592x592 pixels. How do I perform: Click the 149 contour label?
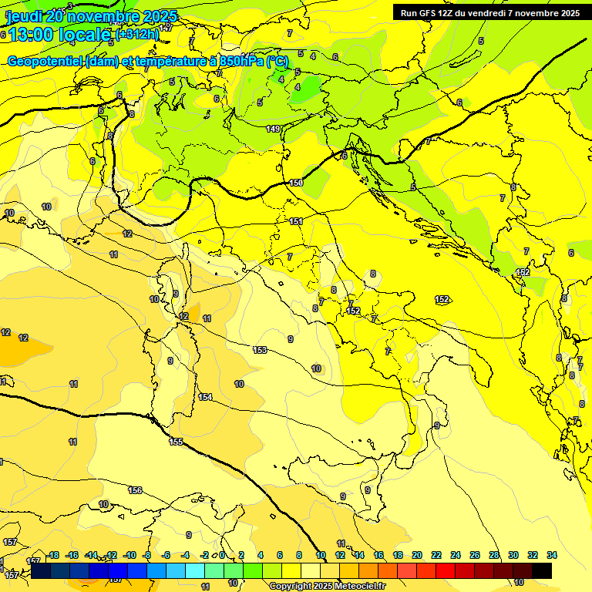coord(273,129)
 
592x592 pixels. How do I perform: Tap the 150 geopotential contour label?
coord(297,183)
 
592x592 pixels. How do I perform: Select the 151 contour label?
coord(296,221)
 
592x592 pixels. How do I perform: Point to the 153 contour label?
coord(260,350)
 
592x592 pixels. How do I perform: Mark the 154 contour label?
coord(205,397)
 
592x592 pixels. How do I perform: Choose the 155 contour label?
coord(176,442)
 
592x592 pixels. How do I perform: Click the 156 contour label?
coord(135,490)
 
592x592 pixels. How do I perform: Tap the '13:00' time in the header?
coord(29,35)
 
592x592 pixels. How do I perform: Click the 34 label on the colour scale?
coord(552,555)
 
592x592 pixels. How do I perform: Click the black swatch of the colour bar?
coord(542,570)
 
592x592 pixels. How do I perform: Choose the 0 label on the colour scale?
coord(222,555)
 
